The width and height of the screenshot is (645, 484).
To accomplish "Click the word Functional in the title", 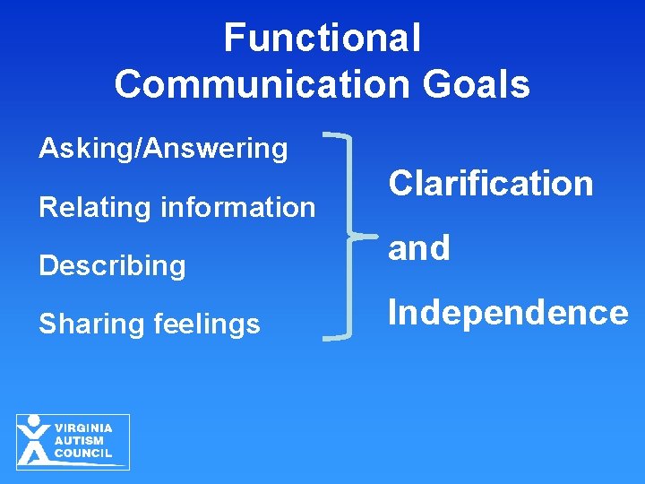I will pos(322,38).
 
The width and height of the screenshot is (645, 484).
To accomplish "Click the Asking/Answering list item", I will pos(163,148).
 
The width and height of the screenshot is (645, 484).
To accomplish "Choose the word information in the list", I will pos(238,207).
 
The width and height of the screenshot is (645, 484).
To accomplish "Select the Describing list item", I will pos(112,266).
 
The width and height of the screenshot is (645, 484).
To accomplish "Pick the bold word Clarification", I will pos(490,184).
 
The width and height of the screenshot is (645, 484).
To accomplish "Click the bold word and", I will pos(418,248).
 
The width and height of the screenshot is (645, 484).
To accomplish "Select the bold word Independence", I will pos(507,313).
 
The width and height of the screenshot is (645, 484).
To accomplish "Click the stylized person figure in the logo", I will pos(34,441).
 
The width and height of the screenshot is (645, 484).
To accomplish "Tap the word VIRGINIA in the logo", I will pos(83,428).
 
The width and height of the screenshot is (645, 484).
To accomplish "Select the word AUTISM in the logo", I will pos(79,441).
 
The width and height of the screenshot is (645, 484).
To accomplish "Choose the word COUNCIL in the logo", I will pos(83,454).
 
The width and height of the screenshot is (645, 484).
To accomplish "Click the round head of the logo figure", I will pos(34,420).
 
